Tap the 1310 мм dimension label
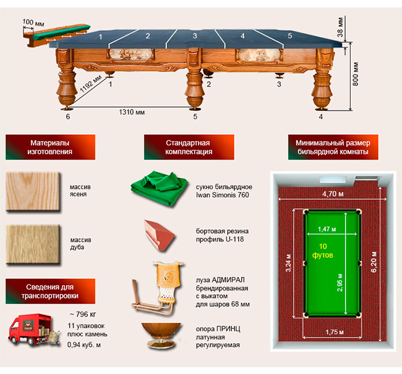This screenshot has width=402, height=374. [132, 112]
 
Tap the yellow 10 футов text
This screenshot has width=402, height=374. [323, 250]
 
